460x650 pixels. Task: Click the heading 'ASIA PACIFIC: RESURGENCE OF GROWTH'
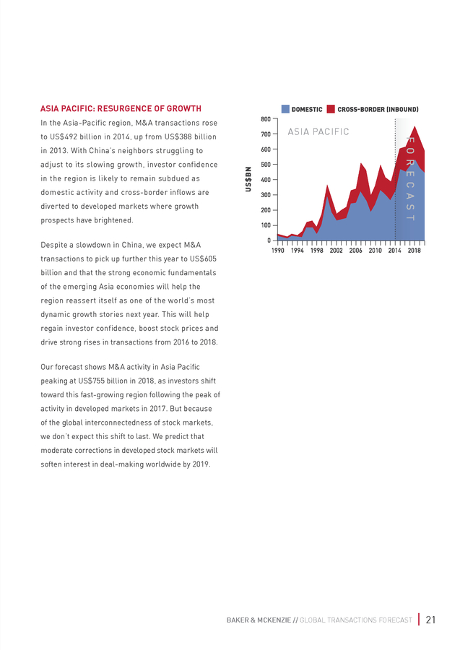click(x=121, y=108)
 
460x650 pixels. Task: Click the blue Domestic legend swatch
click(x=285, y=109)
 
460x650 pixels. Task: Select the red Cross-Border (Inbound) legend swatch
click(x=331, y=109)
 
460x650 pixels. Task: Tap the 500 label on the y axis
click(x=266, y=165)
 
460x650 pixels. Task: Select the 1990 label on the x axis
click(x=277, y=251)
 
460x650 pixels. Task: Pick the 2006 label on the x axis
click(x=355, y=251)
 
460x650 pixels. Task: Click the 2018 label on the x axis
click(x=414, y=251)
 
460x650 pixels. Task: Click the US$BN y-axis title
click(x=248, y=179)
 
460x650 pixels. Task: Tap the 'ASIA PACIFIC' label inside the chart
click(x=318, y=132)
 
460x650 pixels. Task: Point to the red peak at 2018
click(x=415, y=126)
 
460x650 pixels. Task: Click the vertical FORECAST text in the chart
click(x=410, y=178)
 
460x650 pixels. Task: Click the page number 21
click(x=430, y=620)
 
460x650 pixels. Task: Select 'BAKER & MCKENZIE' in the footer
click(x=259, y=620)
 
